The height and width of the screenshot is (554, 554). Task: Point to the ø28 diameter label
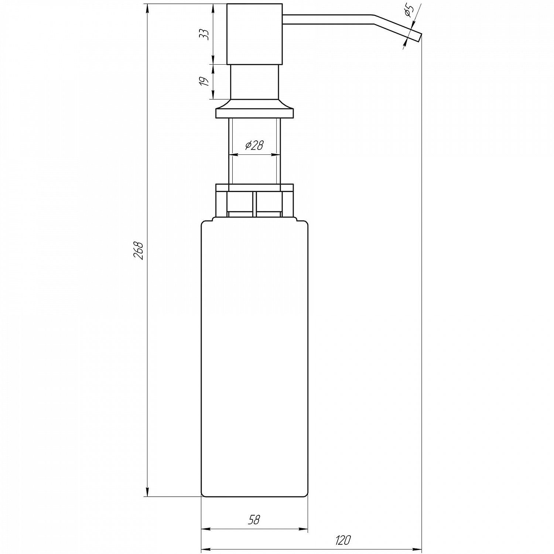(x=254, y=146)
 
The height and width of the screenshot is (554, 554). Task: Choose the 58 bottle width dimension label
(x=254, y=520)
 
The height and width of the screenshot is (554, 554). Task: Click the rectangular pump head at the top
(x=254, y=34)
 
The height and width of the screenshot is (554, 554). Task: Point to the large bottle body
(x=254, y=358)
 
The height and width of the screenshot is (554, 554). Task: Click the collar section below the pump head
(x=254, y=82)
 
